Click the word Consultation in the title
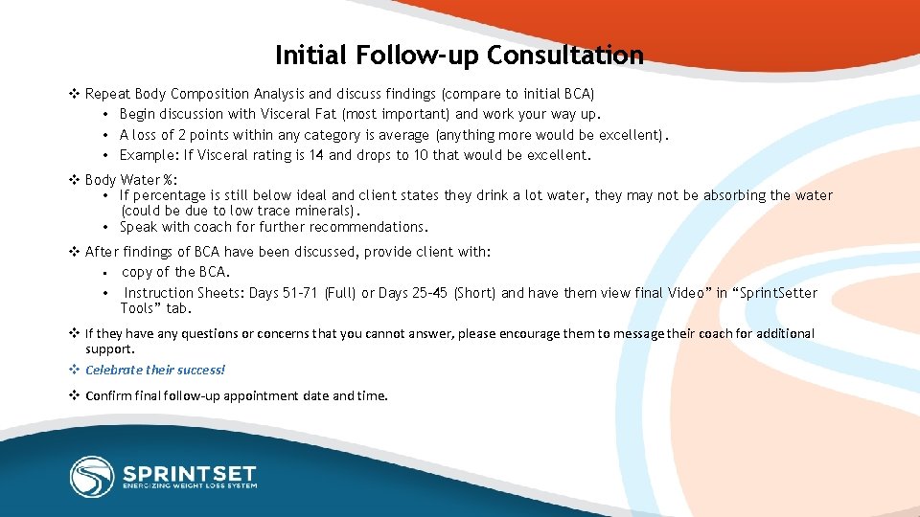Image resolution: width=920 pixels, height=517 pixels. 564,56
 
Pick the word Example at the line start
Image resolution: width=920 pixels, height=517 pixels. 147,155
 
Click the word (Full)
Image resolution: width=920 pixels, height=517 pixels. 340,293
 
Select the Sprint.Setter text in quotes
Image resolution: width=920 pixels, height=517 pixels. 777,293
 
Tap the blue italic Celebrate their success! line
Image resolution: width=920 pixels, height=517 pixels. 155,371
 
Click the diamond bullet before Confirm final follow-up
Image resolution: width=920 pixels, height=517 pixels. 74,395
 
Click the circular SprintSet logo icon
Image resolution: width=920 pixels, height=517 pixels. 92,476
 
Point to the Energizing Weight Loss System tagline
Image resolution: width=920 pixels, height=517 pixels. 188,486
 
